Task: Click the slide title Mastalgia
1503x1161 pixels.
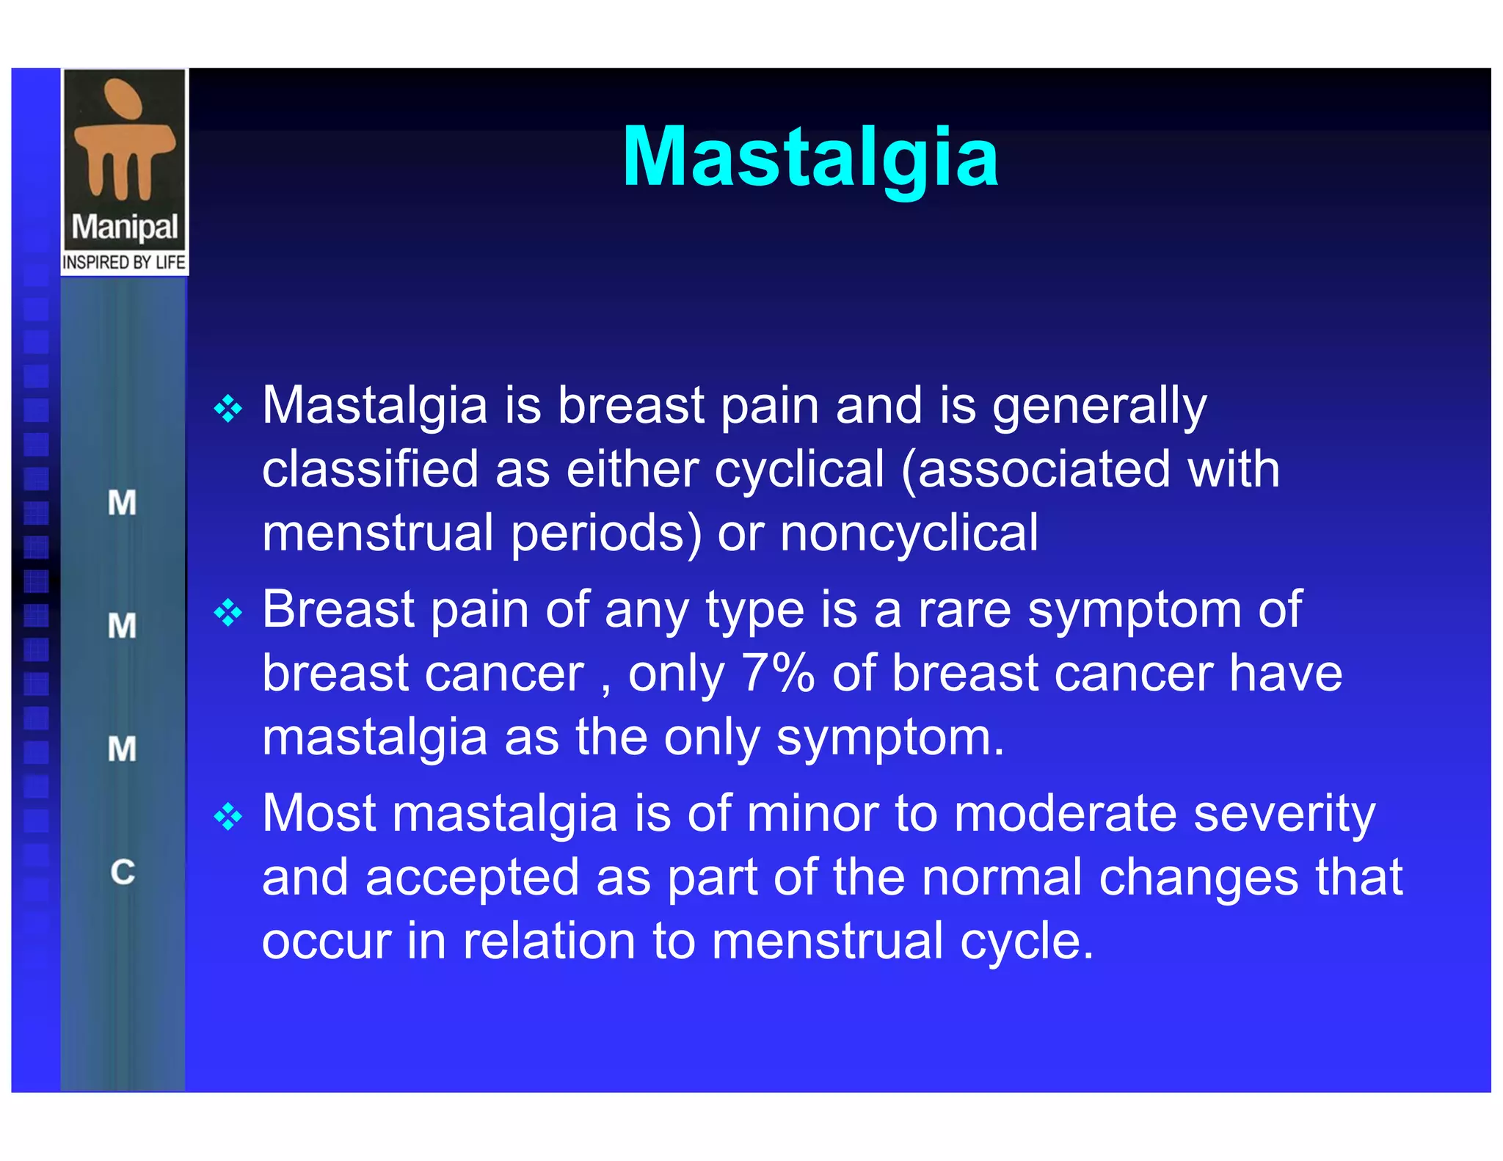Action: (809, 158)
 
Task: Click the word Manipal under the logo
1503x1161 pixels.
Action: (125, 227)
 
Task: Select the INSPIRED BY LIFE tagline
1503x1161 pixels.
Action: (124, 263)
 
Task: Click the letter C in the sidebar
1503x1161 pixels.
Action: (123, 872)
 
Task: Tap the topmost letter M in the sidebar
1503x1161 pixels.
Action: (122, 503)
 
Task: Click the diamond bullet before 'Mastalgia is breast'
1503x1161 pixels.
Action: (228, 409)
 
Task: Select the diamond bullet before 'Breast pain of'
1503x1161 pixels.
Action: (228, 613)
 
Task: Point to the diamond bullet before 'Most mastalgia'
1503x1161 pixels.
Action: (228, 817)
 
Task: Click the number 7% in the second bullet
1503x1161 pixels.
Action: (778, 673)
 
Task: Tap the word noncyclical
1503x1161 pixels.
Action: (909, 534)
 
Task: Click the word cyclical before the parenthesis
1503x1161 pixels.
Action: (799, 470)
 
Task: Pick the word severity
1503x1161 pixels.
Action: (1284, 815)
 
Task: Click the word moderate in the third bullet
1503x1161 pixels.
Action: (1065, 813)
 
